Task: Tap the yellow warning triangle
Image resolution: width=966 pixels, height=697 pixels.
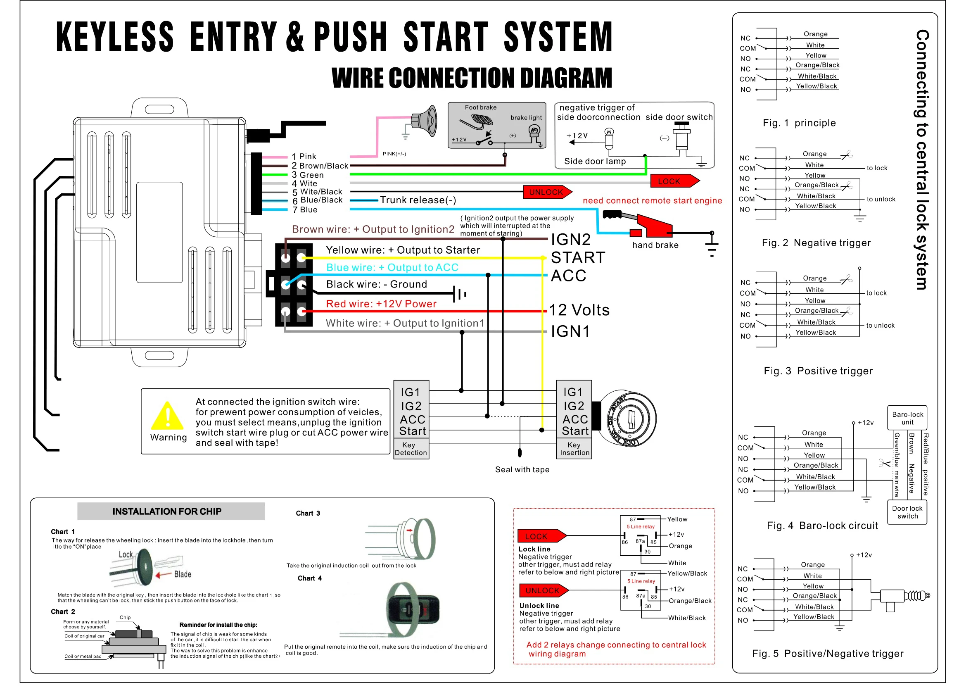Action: (167, 416)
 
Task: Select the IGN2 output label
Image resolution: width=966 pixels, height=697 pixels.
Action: (570, 240)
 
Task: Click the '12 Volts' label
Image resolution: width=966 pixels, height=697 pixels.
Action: (579, 310)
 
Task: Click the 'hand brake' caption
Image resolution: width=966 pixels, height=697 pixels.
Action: (655, 245)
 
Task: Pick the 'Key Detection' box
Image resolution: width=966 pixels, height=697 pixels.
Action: (411, 449)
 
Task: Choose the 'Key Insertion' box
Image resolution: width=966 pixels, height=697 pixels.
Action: (574, 449)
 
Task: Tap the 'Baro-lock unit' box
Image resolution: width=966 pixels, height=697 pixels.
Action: (907, 418)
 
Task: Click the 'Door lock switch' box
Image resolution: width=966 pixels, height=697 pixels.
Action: (907, 512)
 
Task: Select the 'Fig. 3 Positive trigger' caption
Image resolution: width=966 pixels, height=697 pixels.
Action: (818, 371)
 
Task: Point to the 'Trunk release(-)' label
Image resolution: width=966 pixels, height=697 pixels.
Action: (418, 200)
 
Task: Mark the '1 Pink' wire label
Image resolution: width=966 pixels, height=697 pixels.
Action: (303, 156)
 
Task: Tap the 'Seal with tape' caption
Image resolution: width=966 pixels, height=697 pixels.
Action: (522, 469)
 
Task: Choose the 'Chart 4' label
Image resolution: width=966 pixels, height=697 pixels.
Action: (310, 578)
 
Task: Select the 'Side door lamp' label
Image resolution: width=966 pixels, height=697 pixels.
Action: (595, 161)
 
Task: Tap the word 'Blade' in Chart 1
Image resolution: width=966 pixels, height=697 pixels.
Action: (182, 574)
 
